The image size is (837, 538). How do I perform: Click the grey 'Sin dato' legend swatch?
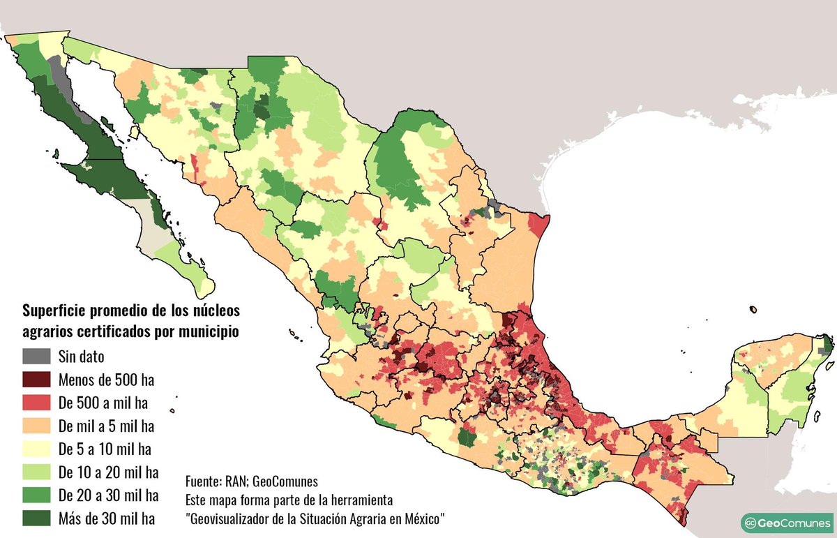[37, 357]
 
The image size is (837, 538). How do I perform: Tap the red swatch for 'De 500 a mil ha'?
[37, 403]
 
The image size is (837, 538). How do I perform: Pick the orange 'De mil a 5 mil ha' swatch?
[37, 426]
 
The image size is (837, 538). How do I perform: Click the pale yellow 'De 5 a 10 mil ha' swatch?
[37, 449]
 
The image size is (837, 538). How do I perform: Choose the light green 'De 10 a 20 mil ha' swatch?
[37, 472]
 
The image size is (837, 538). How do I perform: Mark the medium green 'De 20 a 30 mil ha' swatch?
[37, 495]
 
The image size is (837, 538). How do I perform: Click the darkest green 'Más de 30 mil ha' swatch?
[37, 518]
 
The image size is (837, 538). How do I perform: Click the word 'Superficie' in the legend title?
[56, 310]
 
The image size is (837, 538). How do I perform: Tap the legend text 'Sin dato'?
[82, 357]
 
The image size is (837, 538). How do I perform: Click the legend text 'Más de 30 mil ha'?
[107, 518]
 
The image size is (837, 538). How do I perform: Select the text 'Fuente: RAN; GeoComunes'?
[251, 481]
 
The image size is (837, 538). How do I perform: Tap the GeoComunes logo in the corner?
[785, 523]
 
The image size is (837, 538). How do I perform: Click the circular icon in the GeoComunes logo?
[751, 523]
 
